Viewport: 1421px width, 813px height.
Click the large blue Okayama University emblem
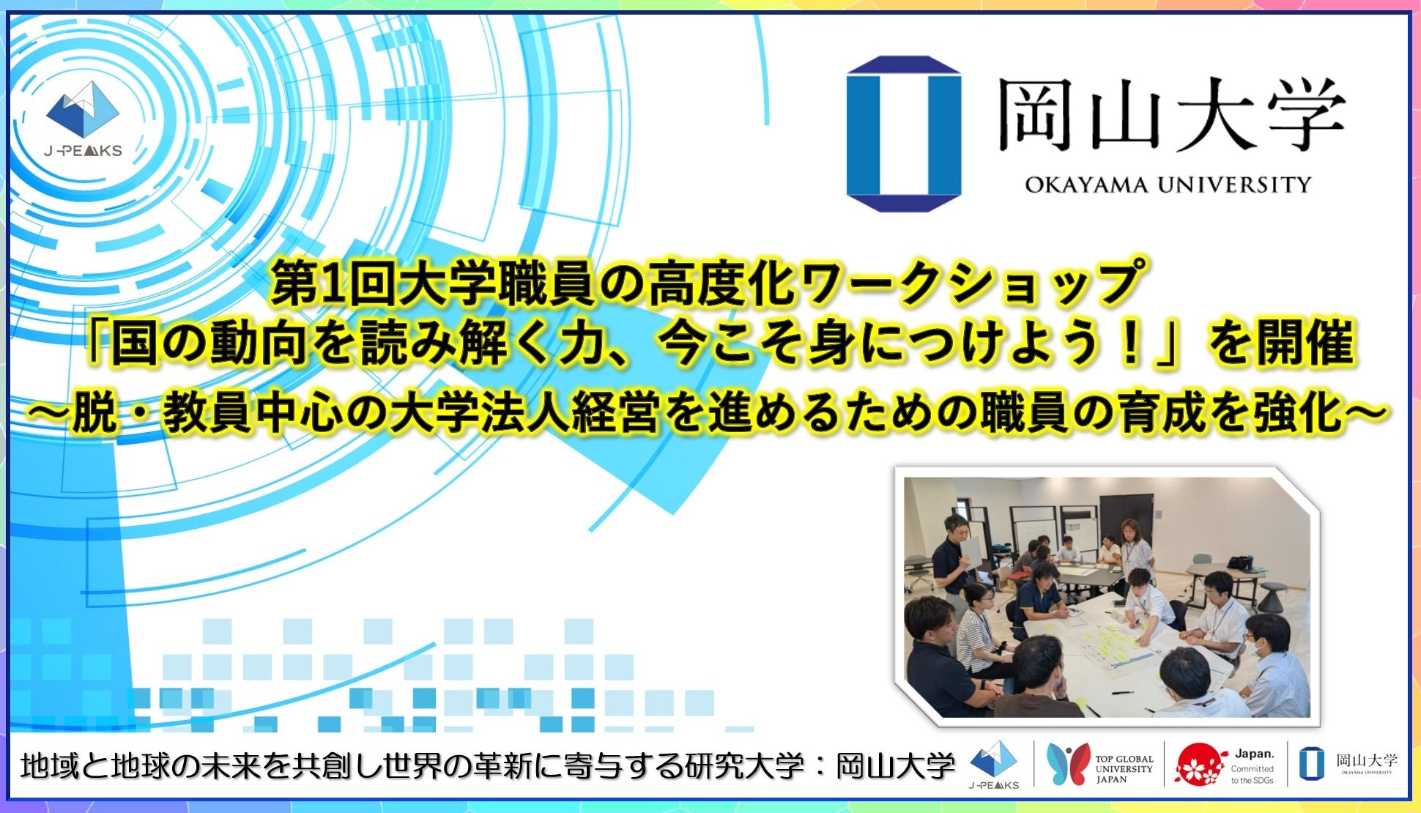(x=904, y=133)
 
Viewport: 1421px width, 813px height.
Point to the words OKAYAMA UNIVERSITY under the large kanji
(x=1168, y=184)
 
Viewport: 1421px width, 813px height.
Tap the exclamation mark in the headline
(x=1132, y=344)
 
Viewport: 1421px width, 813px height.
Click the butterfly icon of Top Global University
(x=1067, y=765)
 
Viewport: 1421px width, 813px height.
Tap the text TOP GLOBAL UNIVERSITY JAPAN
(x=1124, y=769)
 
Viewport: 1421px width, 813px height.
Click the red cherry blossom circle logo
(x=1201, y=765)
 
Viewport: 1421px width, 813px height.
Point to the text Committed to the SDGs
(x=1253, y=775)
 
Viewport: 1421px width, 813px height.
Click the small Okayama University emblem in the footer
(x=1311, y=764)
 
